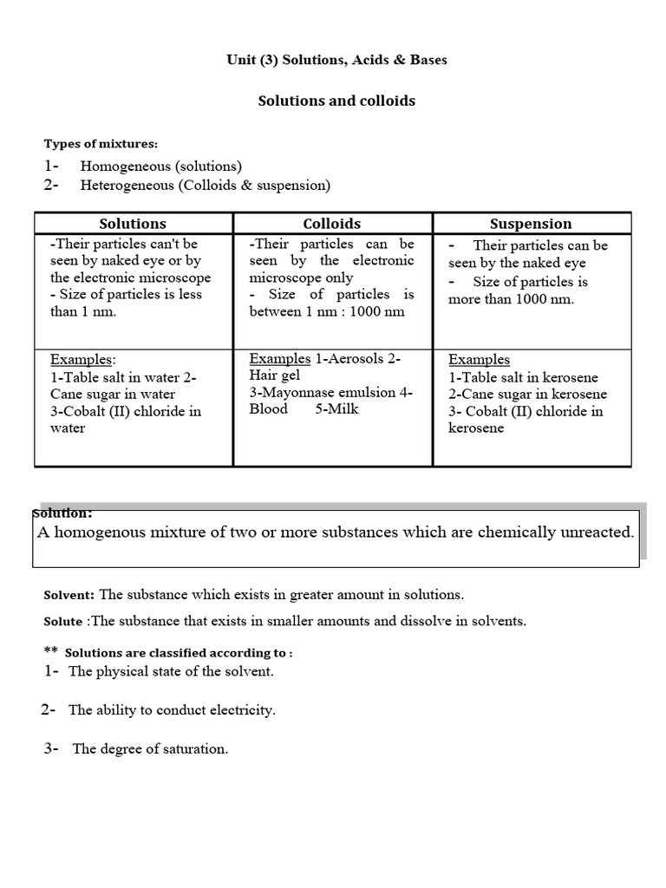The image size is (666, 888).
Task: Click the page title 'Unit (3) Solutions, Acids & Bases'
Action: pos(336,59)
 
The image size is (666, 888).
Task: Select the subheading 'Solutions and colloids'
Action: pos(336,101)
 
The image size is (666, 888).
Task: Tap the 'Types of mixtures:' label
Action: pos(101,144)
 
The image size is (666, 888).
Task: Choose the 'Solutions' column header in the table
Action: pos(133,224)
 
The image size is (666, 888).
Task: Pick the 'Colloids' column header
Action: pos(332,224)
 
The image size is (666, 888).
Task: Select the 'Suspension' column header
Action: pos(532,224)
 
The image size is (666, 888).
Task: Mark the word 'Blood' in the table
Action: pos(269,409)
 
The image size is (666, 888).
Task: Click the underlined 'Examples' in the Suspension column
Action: pos(479,360)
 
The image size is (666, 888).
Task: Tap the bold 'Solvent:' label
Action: pos(69,595)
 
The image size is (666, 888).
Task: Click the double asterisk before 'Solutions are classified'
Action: pos(50,651)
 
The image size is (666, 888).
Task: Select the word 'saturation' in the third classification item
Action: pos(195,749)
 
